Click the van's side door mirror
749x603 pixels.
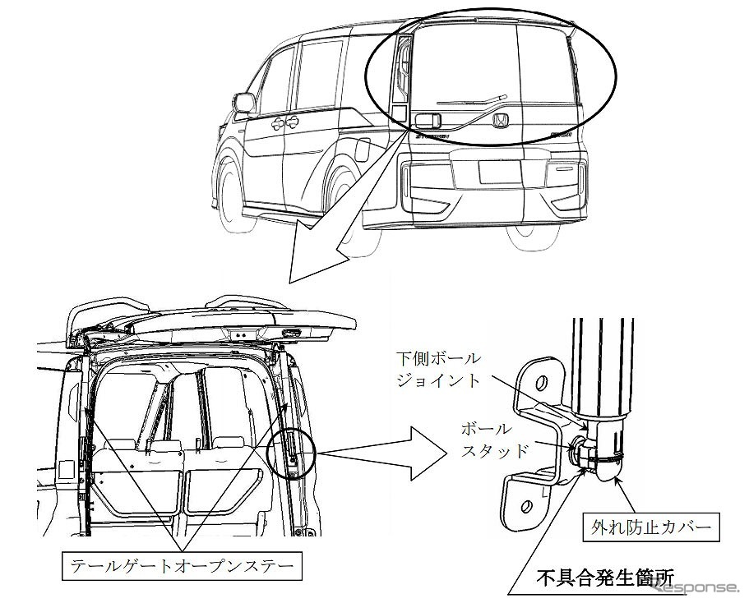[x=243, y=103]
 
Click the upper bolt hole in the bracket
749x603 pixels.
[x=541, y=382]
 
